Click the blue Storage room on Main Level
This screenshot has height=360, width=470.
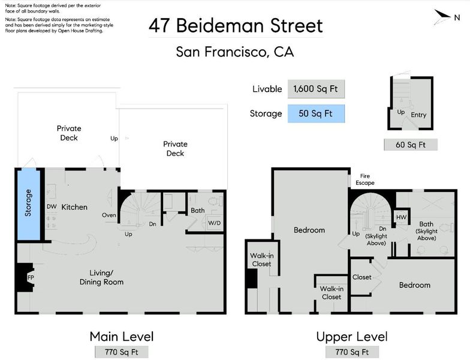coord(29,205)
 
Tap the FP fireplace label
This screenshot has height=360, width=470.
coord(31,277)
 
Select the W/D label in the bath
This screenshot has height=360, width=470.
coord(215,223)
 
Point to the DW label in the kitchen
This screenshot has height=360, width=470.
coord(52,206)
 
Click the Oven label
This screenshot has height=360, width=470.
coord(109,215)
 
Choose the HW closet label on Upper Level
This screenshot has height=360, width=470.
coord(402,217)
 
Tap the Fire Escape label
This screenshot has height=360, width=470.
coord(365,179)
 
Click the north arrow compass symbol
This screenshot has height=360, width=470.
coord(442,17)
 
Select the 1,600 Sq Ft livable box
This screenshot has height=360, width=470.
coord(317,89)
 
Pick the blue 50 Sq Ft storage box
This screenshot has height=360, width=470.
coord(317,114)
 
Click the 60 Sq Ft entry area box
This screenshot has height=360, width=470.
coord(411,145)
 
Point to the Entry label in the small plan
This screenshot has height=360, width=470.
coord(418,115)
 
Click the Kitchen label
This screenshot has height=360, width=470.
coord(74,207)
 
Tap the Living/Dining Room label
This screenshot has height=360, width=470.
coord(102,277)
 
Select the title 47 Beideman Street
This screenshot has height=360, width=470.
coord(236,25)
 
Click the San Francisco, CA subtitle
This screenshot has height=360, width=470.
coord(235,52)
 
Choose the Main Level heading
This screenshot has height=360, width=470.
coord(122,337)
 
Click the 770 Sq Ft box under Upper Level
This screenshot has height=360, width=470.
coord(352,352)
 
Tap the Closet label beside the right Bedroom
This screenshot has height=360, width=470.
coord(362,277)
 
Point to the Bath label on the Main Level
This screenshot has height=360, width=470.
coord(198,211)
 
